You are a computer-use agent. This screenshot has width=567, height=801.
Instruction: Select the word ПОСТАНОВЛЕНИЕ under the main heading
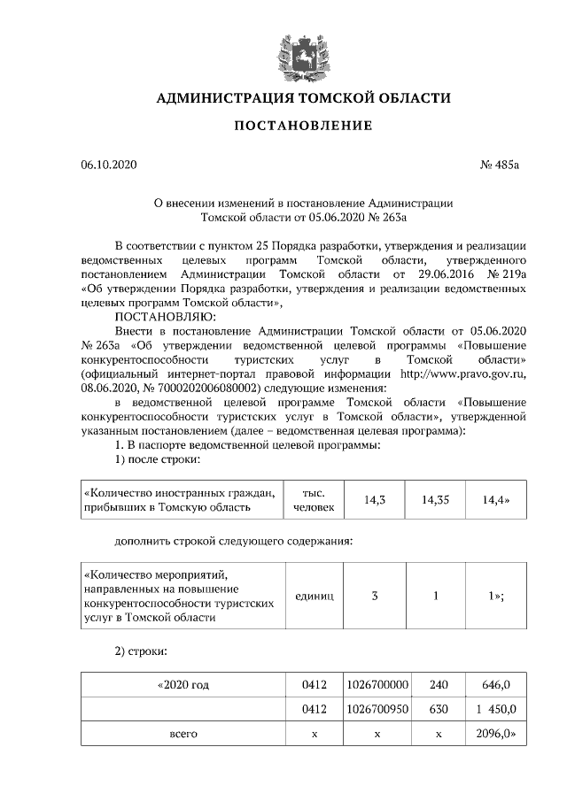pyautogui.click(x=303, y=126)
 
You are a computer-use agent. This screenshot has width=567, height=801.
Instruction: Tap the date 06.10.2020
pyautogui.click(x=107, y=166)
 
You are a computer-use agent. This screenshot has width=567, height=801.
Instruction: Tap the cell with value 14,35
pyautogui.click(x=435, y=500)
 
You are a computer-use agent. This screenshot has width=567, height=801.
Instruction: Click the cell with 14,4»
pyautogui.click(x=496, y=500)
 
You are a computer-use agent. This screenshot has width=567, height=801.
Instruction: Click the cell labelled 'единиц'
pyautogui.click(x=312, y=596)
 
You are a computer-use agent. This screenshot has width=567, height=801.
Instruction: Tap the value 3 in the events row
pyautogui.click(x=374, y=596)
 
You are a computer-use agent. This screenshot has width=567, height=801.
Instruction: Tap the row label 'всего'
pyautogui.click(x=183, y=734)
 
